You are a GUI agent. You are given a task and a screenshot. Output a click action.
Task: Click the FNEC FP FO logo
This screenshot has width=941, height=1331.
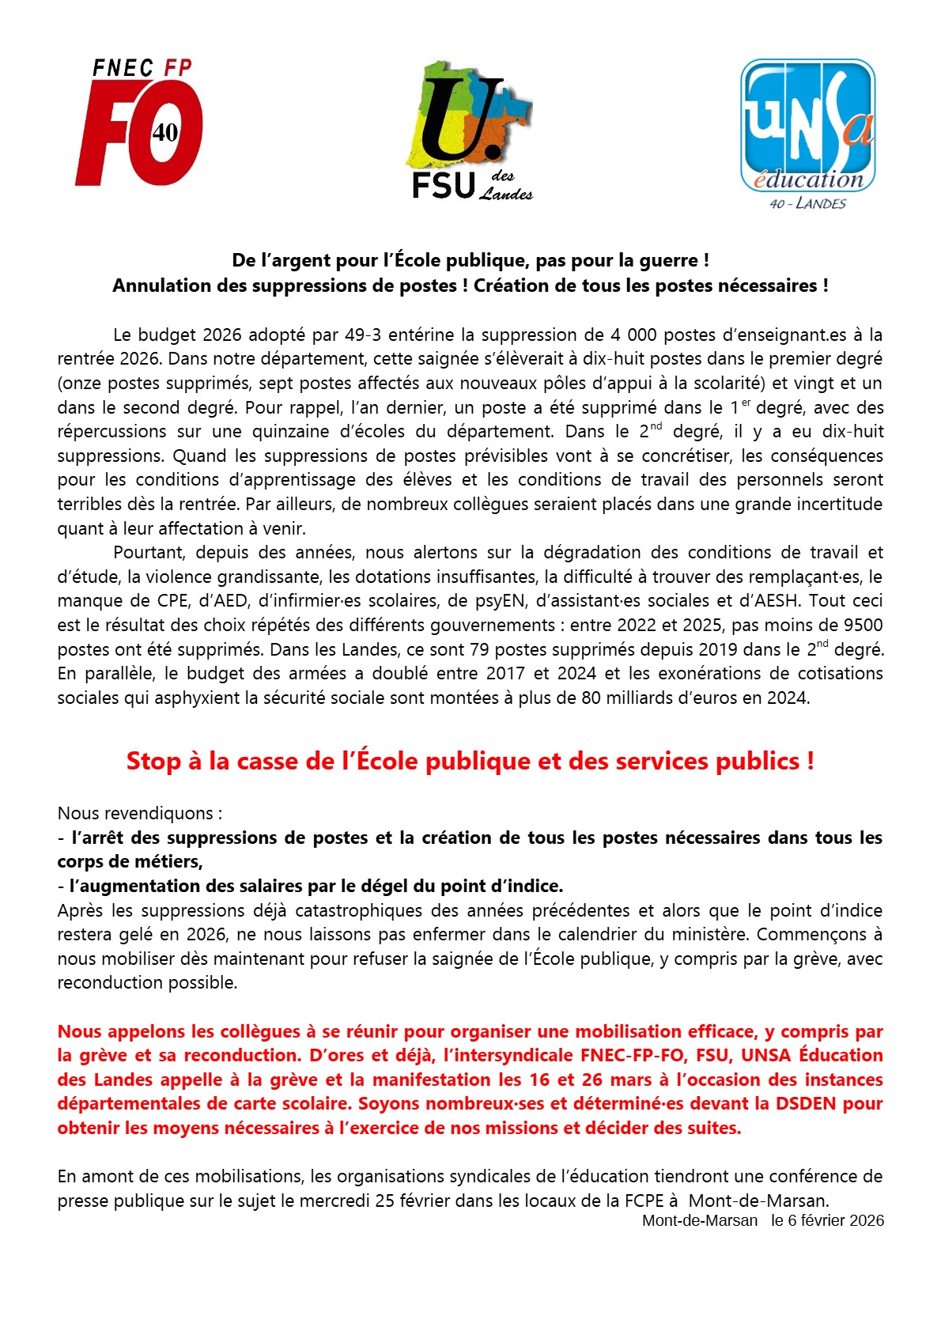139,123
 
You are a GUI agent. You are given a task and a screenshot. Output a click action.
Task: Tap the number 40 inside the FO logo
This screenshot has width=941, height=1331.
165,132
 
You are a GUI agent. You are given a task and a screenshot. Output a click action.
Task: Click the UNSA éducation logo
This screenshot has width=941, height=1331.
807,127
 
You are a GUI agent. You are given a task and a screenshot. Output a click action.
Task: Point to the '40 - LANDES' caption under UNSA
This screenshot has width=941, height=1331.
807,204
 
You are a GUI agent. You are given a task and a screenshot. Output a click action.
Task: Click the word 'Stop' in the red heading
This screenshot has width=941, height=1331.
153,761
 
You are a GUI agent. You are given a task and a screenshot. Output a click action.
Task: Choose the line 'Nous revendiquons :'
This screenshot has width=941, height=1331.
140,813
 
